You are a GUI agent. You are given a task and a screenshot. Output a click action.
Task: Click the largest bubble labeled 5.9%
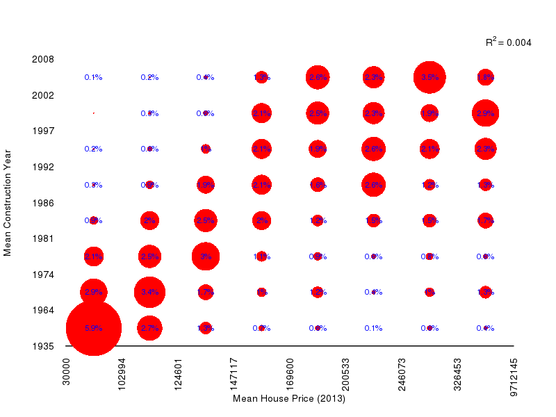[94, 328]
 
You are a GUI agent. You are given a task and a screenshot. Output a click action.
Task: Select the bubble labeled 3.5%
[430, 77]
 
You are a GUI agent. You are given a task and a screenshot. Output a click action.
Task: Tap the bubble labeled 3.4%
[149, 292]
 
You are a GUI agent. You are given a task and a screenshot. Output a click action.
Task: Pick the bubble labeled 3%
[206, 256]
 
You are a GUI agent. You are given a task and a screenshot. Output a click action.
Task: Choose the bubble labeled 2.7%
[149, 328]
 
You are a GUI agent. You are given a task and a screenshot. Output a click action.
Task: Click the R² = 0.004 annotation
[508, 42]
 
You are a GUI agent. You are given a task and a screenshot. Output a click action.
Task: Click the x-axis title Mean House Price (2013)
[289, 399]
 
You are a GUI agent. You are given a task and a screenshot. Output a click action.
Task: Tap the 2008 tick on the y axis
[44, 59]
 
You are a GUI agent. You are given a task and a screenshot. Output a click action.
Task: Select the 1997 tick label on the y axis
[44, 131]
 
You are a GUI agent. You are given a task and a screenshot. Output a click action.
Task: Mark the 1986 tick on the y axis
[44, 203]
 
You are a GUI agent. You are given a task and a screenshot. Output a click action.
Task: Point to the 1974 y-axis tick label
[44, 275]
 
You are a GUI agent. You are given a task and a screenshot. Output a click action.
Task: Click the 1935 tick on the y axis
[44, 345]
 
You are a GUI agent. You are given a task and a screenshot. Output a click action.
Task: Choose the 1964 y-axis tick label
[44, 310]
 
